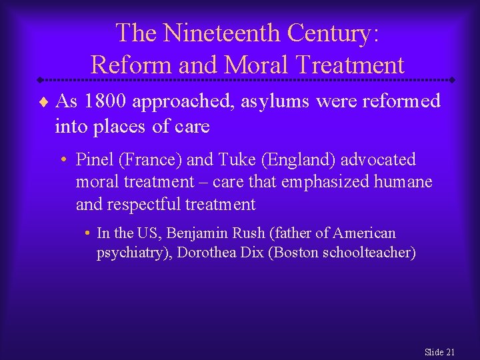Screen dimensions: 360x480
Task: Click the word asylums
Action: [x=270, y=101]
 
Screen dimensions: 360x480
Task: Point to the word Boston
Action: [x=293, y=253]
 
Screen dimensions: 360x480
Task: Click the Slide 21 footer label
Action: [x=439, y=351]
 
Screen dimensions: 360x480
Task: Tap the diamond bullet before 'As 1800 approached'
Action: [x=42, y=102]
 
